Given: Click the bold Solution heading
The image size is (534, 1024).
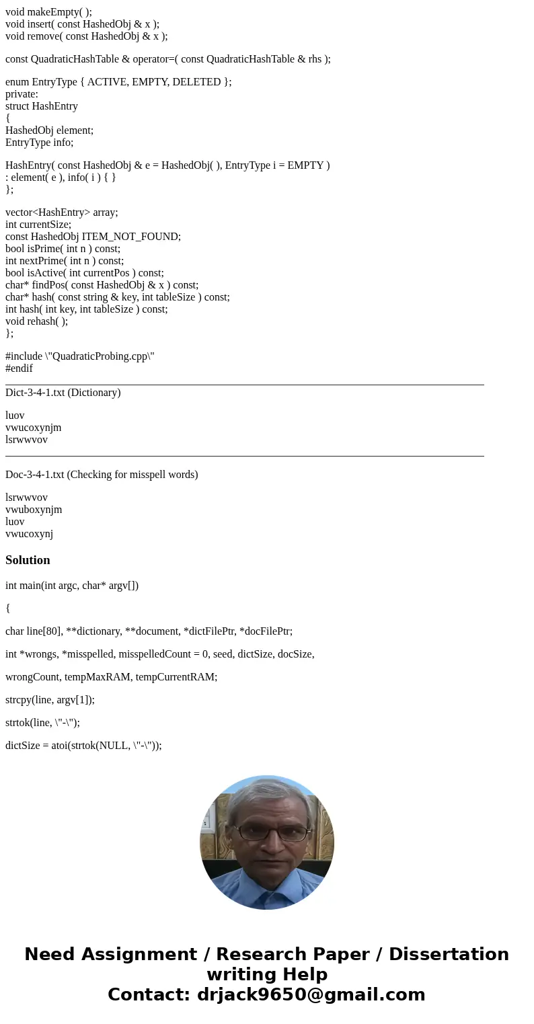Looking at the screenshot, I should [28, 560].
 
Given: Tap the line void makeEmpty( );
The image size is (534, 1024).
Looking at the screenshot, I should [48, 11].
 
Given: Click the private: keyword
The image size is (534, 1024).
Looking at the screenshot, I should [22, 94].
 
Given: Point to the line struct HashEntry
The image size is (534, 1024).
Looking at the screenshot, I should [42, 106].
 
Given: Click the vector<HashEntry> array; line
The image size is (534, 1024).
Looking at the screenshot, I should [61, 212].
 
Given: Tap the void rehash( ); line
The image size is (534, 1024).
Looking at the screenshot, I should [36, 321].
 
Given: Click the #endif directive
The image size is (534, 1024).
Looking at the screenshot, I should [19, 368].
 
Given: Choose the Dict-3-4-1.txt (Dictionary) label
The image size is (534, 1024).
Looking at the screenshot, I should [63, 393].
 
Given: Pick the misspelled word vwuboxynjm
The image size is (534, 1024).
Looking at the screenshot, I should [34, 510].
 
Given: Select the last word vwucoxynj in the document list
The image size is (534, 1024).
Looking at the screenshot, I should [29, 534].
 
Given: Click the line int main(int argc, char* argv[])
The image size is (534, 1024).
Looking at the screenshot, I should [72, 585].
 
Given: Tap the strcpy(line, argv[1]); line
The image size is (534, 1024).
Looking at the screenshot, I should [50, 699].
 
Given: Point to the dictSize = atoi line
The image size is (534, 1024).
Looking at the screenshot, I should [83, 745].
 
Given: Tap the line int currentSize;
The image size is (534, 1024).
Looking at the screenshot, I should [38, 225].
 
